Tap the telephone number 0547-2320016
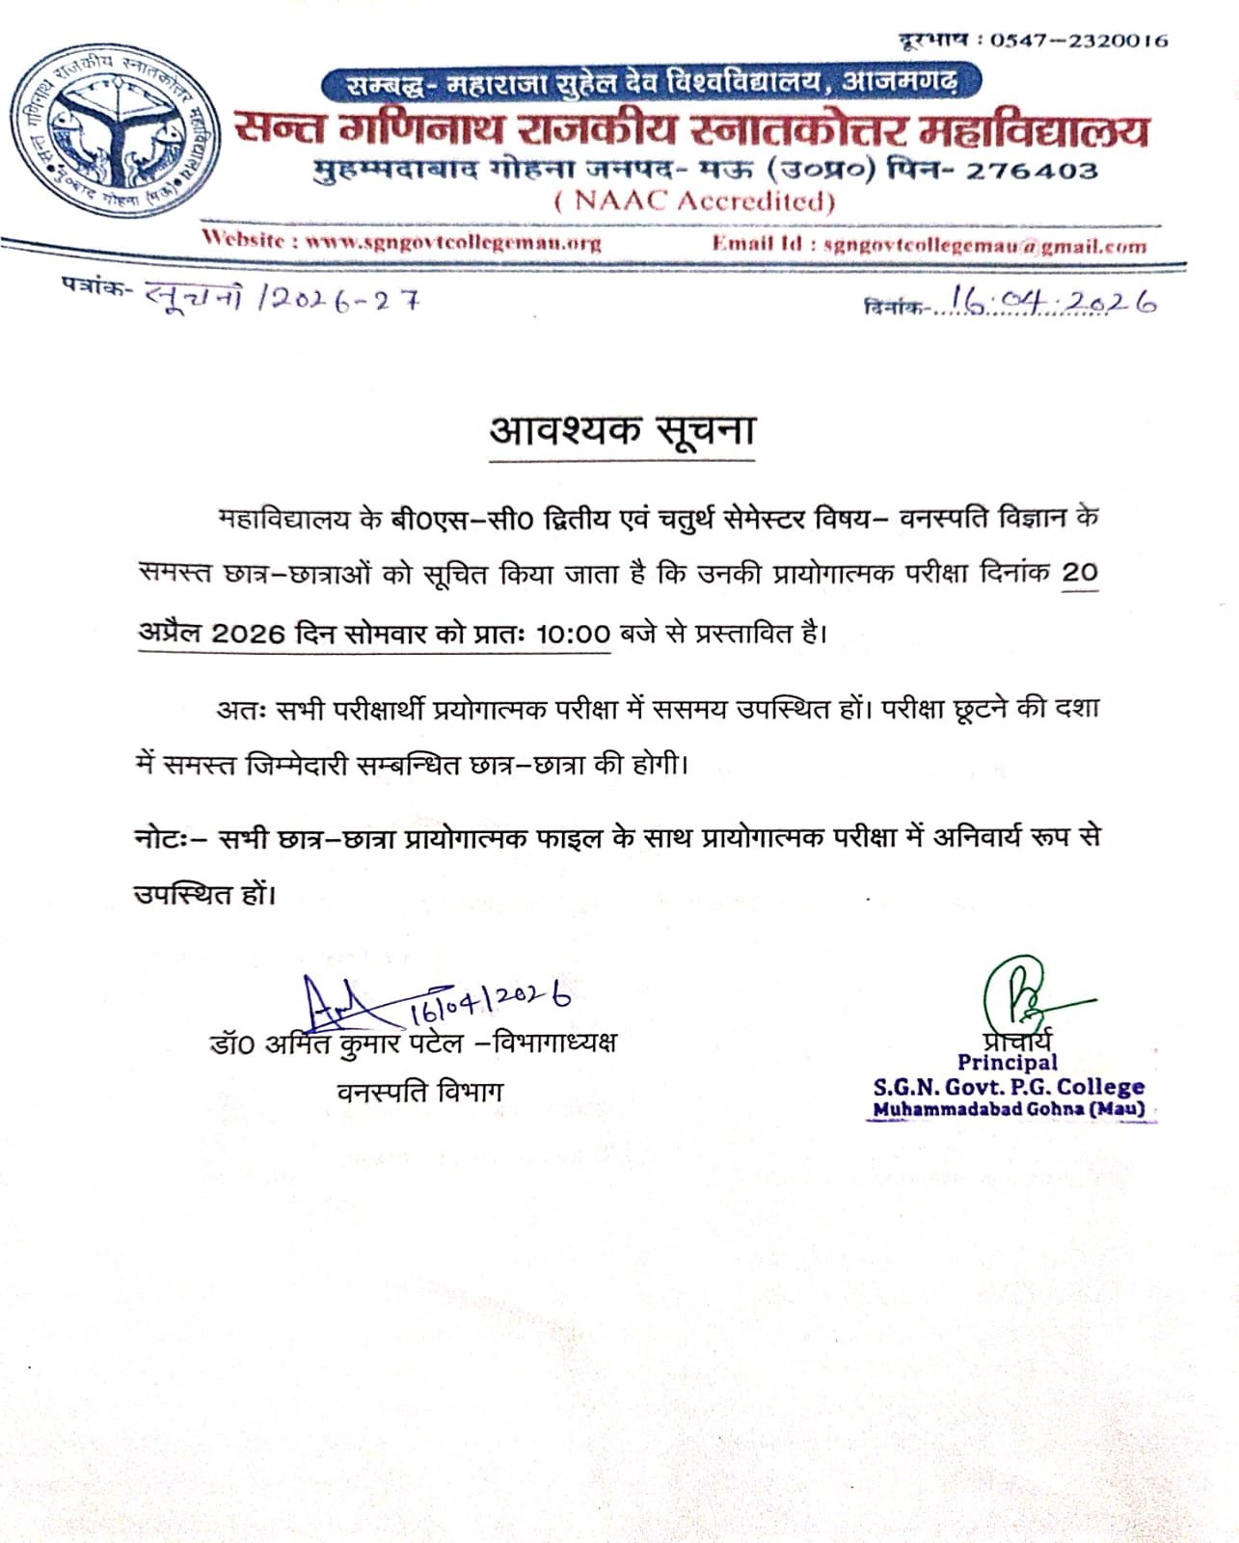pyautogui.click(x=1078, y=41)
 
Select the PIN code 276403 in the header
pyautogui.click(x=1033, y=172)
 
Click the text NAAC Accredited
pyautogui.click(x=694, y=201)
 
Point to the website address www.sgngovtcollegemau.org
pyautogui.click(x=453, y=242)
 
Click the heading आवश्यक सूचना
pyautogui.click(x=622, y=430)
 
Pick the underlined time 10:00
pyautogui.click(x=573, y=634)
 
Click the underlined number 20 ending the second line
pyautogui.click(x=1080, y=573)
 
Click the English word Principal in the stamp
pyautogui.click(x=1007, y=1062)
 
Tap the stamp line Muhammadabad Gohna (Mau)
pyautogui.click(x=1009, y=1109)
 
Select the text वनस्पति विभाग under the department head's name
pyautogui.click(x=419, y=1092)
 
